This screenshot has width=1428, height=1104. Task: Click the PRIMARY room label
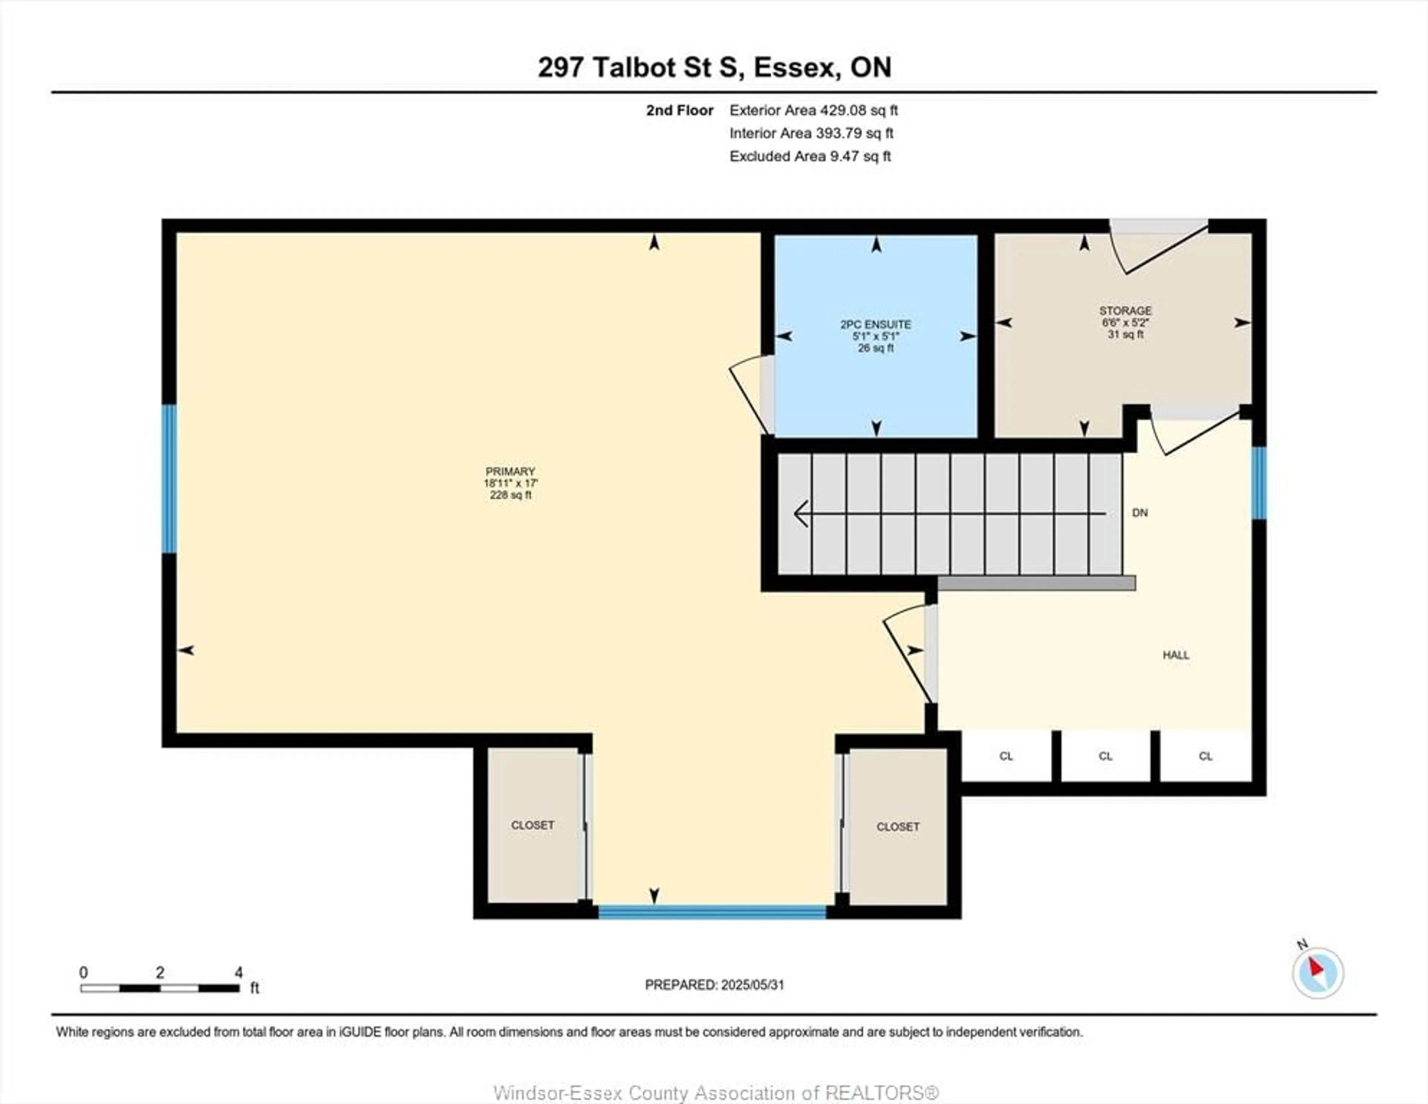pos(510,471)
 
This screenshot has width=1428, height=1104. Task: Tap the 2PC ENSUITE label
pos(875,324)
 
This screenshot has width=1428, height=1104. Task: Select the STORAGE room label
pos(1125,310)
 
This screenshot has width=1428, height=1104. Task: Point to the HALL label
pos(1175,655)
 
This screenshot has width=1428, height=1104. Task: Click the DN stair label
pos(1140,513)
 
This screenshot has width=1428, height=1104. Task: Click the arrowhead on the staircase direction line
pos(800,514)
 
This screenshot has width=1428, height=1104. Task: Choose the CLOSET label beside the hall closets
pos(898,827)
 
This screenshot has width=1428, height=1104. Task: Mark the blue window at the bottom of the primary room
pos(713,912)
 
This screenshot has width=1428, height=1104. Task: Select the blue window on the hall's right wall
pos(1259,483)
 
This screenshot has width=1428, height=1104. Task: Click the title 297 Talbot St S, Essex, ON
pos(715,67)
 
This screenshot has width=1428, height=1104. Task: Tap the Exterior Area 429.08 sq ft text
pos(813,110)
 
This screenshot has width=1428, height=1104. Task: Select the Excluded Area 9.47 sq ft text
pos(810,156)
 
